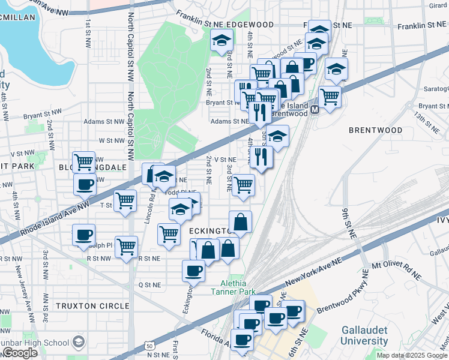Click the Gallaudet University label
pos(364,335)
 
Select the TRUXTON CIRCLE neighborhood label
pos(92,306)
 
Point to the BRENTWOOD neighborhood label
pos(376,130)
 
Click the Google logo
pos(19,352)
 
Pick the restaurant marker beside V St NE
pos(262,157)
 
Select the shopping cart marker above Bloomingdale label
pos(84,161)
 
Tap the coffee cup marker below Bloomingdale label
pos(85,184)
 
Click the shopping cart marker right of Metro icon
pos(330,96)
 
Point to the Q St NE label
pos(150,284)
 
